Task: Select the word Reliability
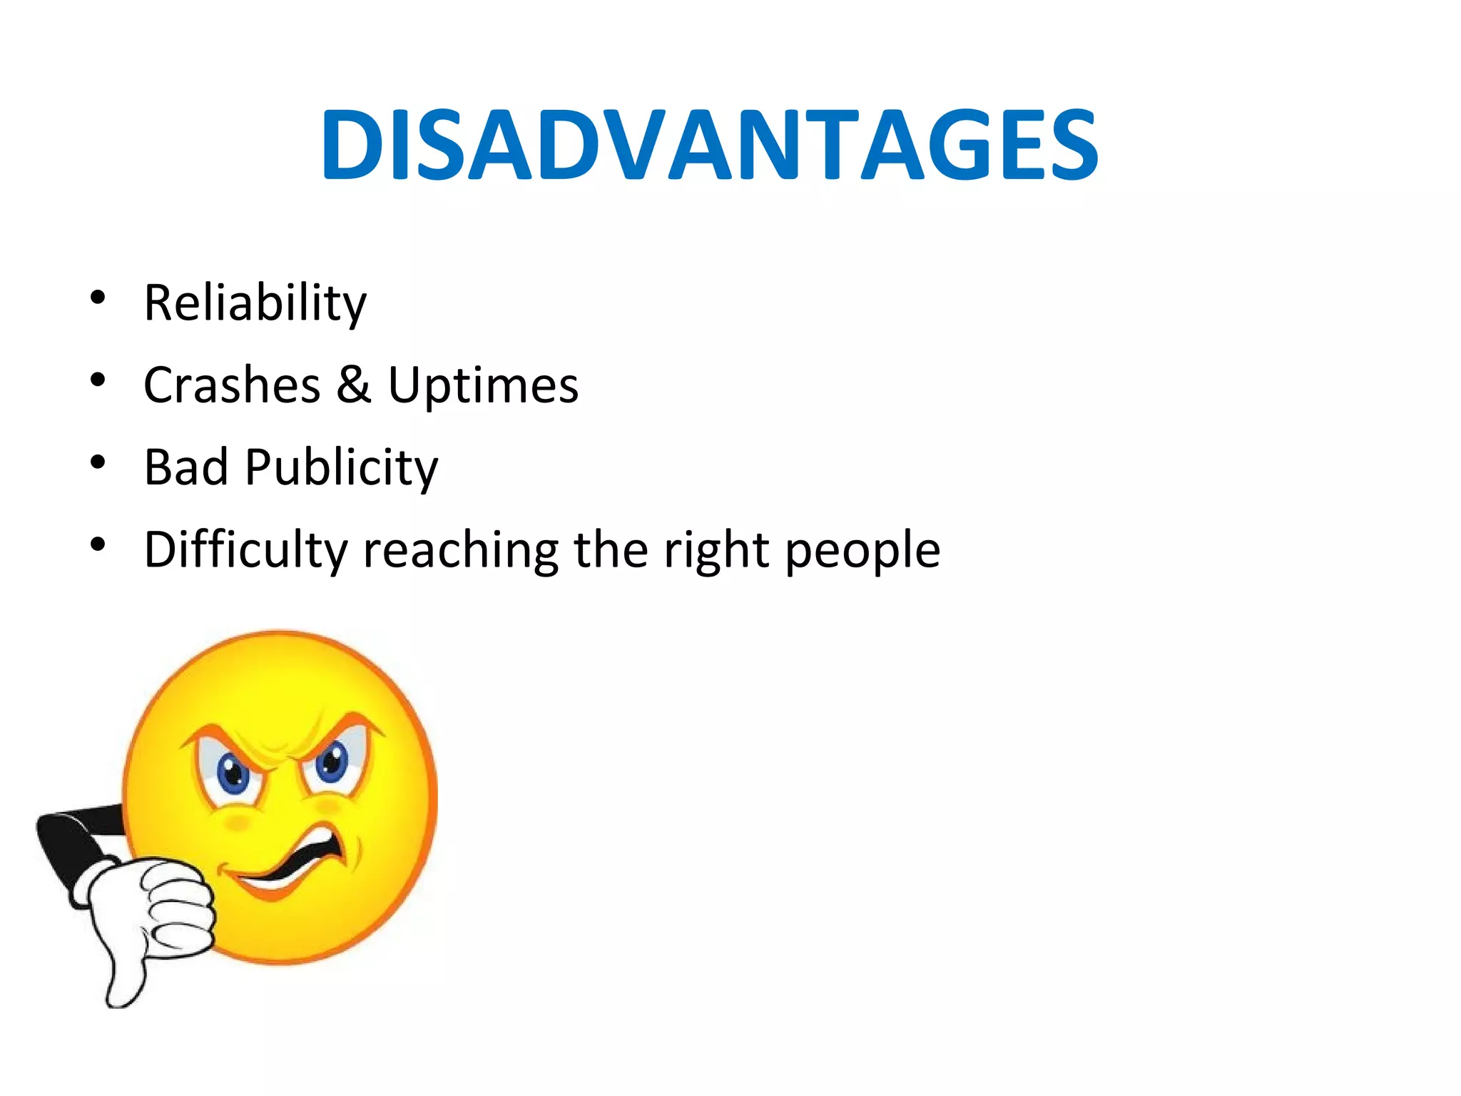tap(255, 303)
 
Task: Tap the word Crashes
tap(232, 385)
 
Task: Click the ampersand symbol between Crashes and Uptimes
tap(354, 385)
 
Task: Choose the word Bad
tap(185, 467)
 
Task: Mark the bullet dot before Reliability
tap(98, 297)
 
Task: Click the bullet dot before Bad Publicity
tap(98, 462)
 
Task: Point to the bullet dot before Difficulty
tap(98, 545)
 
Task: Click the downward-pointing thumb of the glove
tap(125, 978)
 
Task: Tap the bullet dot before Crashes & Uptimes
tap(98, 379)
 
